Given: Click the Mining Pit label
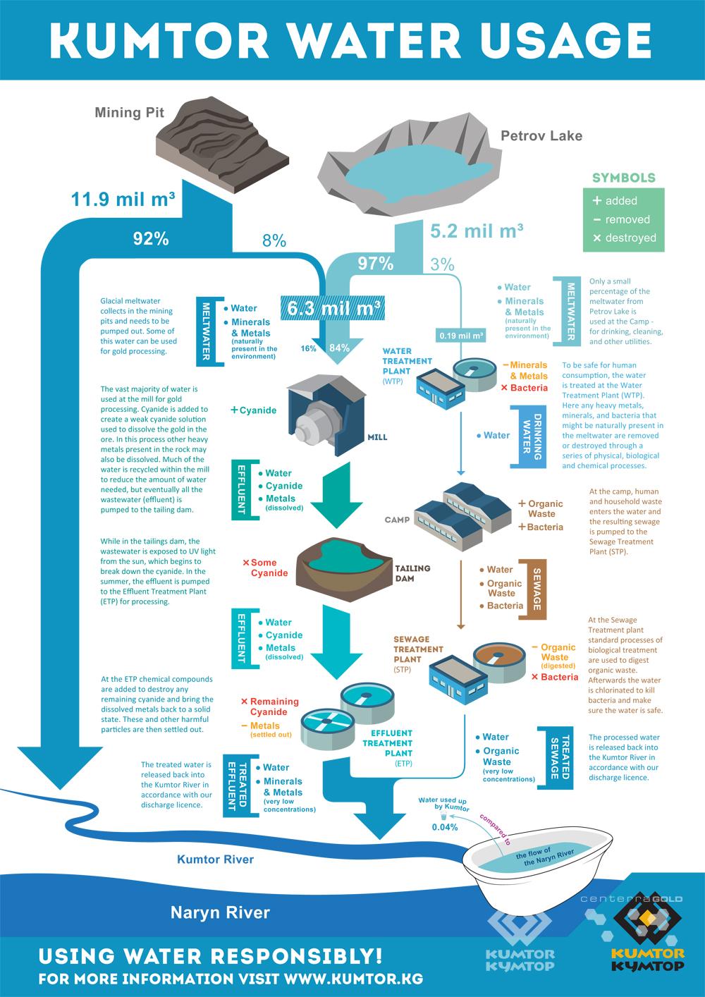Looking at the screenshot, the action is (130, 113).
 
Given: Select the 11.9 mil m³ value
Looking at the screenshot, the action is (123, 199).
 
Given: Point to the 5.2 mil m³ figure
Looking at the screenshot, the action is (477, 231).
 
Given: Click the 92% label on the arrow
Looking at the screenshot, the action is (151, 239).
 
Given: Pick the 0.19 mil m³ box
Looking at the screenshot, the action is (460, 336).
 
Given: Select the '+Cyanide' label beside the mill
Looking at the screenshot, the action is (253, 410).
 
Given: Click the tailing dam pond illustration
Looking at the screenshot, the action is (343, 569).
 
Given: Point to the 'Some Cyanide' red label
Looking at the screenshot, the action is (265, 568).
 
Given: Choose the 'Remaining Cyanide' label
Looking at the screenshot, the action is (270, 707).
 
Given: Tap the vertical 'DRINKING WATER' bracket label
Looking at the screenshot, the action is (532, 436).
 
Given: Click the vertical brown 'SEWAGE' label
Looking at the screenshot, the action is (537, 589).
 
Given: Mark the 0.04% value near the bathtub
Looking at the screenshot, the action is (445, 827).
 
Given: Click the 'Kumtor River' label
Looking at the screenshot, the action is (216, 859).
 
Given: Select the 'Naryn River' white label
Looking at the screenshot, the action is (220, 912).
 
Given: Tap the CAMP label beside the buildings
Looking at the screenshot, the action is (397, 520).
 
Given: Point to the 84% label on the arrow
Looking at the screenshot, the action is (339, 348).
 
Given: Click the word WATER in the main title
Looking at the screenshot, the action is (375, 40).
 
